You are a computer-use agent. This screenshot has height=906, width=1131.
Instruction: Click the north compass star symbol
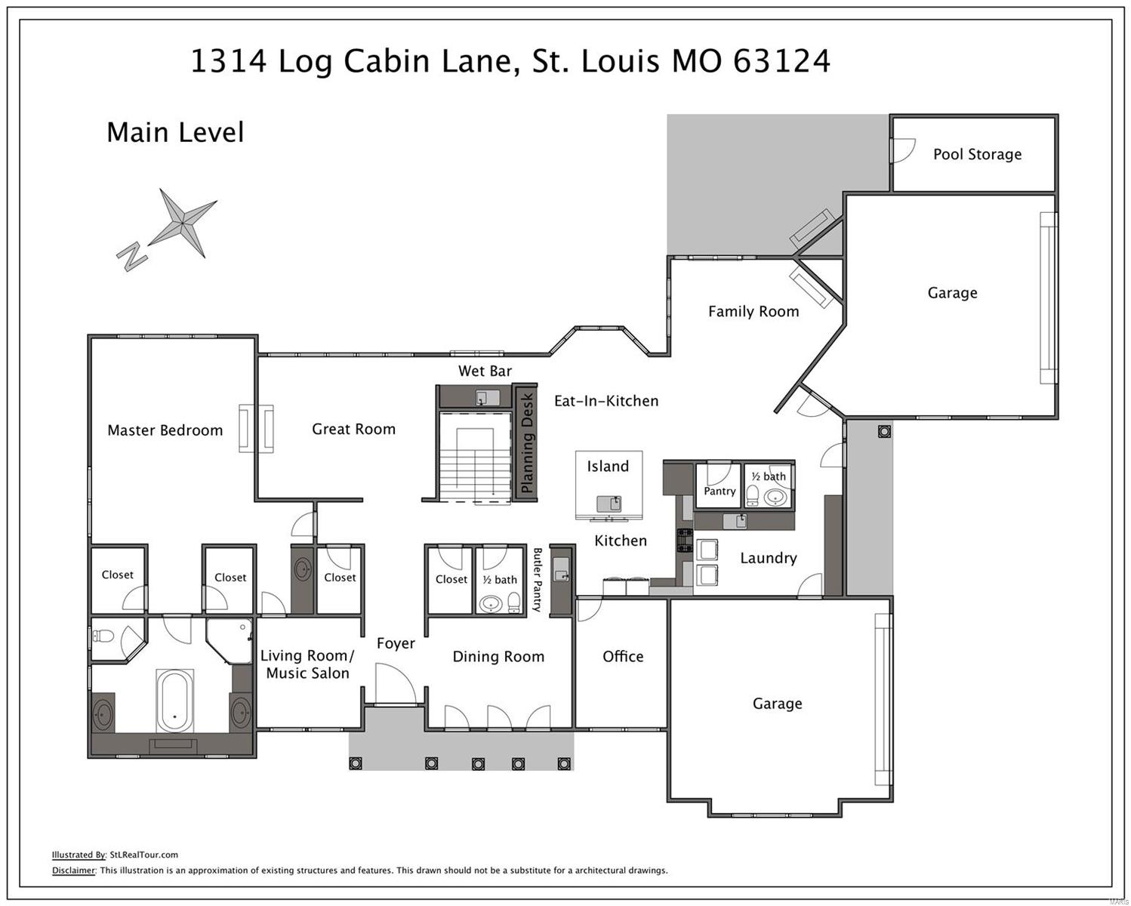[x=183, y=223]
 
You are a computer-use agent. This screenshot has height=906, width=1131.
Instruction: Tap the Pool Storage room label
[x=977, y=154]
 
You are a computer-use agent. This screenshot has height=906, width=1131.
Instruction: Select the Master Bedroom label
[x=165, y=430]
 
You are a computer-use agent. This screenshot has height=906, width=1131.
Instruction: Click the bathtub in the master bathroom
[x=174, y=699]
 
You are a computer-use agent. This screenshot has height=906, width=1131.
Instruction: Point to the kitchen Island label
[x=608, y=467]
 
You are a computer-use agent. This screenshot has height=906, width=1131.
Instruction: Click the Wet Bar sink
[x=482, y=397]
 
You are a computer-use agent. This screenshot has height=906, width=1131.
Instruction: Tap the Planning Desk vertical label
[x=527, y=442]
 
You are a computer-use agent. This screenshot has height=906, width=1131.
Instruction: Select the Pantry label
[x=720, y=491]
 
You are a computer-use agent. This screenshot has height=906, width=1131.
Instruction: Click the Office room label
[x=623, y=657]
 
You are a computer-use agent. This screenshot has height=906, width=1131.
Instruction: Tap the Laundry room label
[x=768, y=558]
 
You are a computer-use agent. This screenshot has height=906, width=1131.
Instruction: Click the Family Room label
[x=753, y=311]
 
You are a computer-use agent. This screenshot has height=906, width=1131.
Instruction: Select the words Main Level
[x=175, y=132]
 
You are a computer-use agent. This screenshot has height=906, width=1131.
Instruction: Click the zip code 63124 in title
[x=781, y=61]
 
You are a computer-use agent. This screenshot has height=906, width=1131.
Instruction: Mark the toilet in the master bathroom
[x=106, y=636]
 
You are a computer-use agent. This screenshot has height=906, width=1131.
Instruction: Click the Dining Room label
[x=498, y=657]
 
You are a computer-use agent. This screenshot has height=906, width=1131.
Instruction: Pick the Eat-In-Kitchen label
[x=606, y=401]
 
